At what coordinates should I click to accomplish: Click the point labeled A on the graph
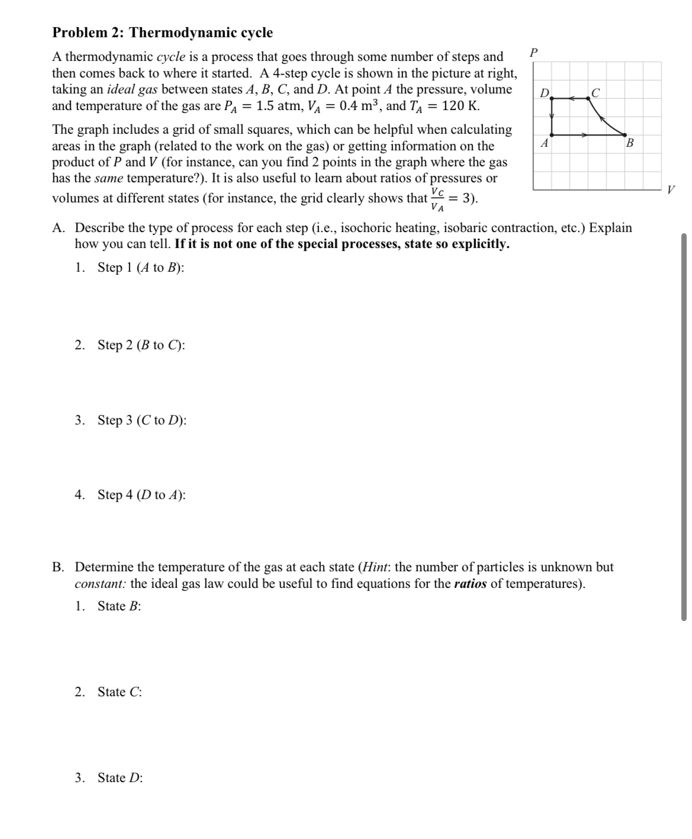coord(552,136)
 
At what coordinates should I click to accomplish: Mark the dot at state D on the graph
coord(552,99)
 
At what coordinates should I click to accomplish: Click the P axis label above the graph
coord(534,52)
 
